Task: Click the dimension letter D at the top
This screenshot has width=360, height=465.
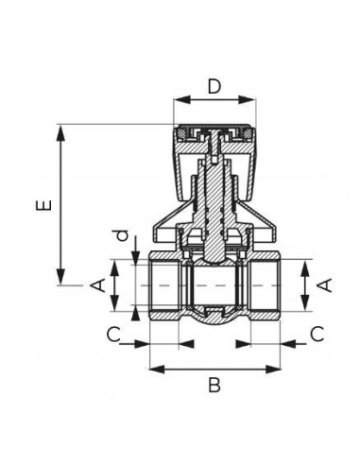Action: pos(214,86)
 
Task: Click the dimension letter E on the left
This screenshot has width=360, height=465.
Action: pos(43,205)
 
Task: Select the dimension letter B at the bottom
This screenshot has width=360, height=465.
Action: pos(214,385)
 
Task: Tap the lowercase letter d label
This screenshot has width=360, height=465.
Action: pos(122,235)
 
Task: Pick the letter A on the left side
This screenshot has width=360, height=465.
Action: pos(97,285)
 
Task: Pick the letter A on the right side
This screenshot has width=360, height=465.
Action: pos(325,285)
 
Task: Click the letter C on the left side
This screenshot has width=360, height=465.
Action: pos(113,335)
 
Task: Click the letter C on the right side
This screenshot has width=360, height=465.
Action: pos(317,335)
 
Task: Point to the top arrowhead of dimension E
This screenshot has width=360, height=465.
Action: pos(60,132)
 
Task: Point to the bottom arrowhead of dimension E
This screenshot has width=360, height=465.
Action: pos(60,277)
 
